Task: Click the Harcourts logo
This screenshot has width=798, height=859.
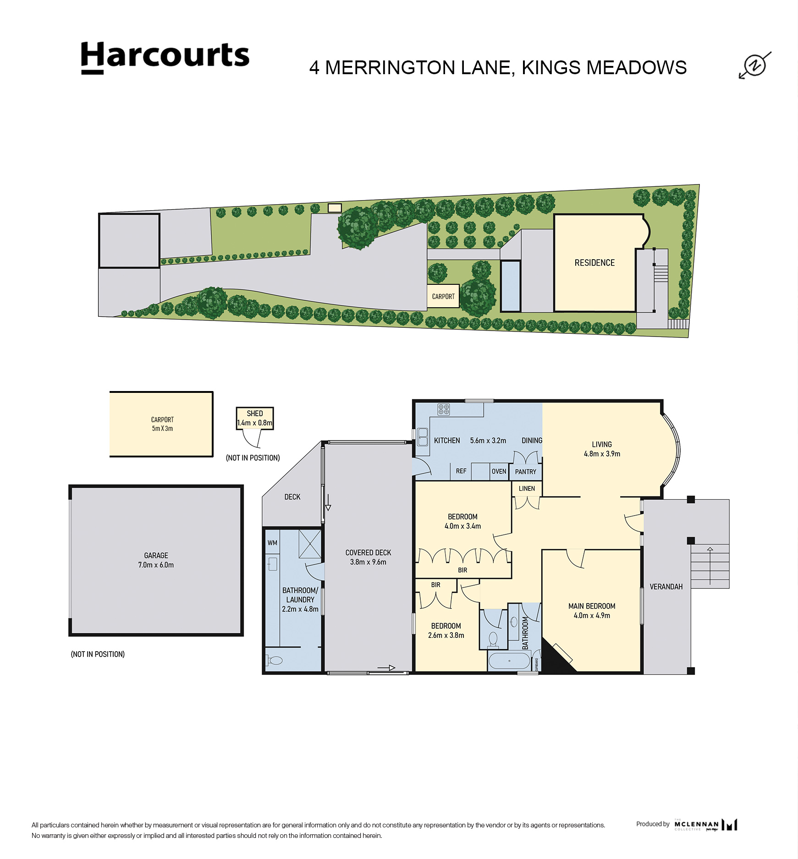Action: click(165, 57)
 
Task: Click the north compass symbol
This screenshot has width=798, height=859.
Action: click(754, 65)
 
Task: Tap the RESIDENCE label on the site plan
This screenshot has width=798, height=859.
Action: click(594, 263)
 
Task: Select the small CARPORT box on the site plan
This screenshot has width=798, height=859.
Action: click(443, 296)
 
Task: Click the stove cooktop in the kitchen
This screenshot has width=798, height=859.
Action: click(443, 409)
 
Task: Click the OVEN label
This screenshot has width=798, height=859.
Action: click(499, 471)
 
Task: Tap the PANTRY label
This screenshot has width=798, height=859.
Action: click(525, 472)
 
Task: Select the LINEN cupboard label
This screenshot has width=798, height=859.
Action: click(527, 489)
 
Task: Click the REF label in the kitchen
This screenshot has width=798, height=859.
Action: click(461, 471)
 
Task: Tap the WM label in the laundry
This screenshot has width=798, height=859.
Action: click(272, 543)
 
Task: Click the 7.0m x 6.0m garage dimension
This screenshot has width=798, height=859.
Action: click(156, 565)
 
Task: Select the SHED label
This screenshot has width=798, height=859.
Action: click(255, 413)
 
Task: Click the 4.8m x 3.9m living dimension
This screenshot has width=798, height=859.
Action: click(602, 454)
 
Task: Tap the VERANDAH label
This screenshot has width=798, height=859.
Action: click(666, 587)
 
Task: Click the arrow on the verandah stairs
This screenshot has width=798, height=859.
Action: click(710, 566)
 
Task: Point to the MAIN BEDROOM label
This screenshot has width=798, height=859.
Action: click(592, 606)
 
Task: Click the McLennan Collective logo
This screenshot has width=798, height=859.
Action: click(706, 825)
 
